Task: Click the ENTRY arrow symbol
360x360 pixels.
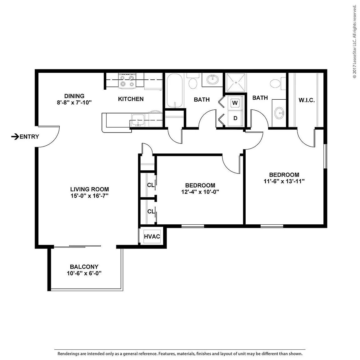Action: [x=15, y=137]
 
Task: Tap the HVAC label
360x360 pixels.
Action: [x=152, y=237]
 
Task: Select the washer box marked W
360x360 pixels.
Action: [x=235, y=103]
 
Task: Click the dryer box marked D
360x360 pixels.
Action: [x=235, y=118]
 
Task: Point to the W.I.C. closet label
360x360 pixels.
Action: [x=307, y=100]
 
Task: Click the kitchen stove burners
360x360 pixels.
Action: [x=127, y=81]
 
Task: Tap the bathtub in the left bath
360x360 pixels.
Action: [x=175, y=90]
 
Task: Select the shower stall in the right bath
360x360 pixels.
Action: [x=236, y=82]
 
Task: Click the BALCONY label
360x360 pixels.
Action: [x=84, y=267]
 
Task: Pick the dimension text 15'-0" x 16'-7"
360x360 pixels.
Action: [x=90, y=196]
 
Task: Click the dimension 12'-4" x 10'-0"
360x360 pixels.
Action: [x=200, y=192]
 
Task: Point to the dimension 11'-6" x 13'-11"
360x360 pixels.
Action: [x=284, y=181]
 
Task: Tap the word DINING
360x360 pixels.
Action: [x=74, y=96]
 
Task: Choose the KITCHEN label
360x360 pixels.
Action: [x=131, y=99]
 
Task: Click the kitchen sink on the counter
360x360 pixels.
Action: [x=138, y=120]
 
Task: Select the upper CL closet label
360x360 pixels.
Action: [x=151, y=185]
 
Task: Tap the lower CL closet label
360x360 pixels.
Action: [x=151, y=212]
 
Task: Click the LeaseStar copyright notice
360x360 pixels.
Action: [x=355, y=41]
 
